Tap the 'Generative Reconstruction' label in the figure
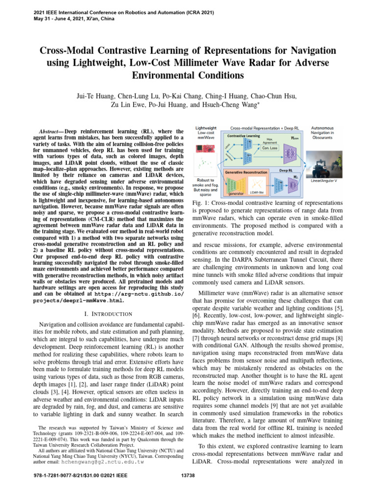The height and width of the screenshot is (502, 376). [246, 173]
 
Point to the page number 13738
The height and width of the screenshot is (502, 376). [188, 489]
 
